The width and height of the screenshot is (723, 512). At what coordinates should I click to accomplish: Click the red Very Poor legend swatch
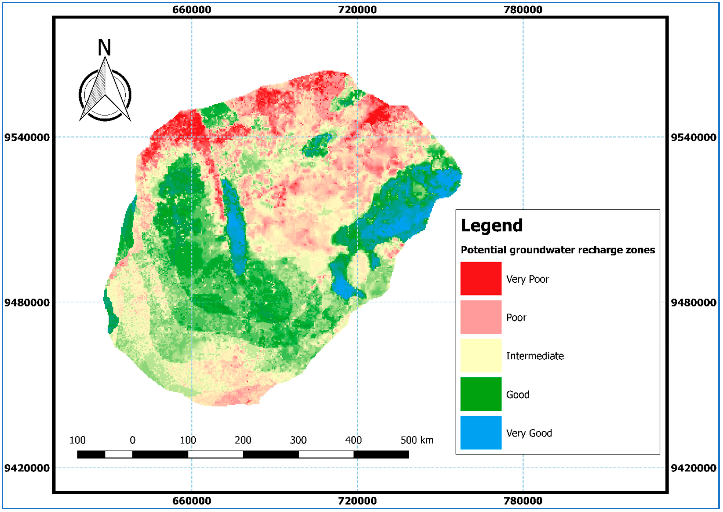pos(481,278)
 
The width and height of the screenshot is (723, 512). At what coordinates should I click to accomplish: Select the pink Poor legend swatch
pos(481,317)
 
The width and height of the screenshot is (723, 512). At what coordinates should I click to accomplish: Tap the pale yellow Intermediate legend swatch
pos(481,355)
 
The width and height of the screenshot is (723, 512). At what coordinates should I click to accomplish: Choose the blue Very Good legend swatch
pos(481,433)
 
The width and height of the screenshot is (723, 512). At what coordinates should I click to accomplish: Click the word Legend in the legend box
pos(492,226)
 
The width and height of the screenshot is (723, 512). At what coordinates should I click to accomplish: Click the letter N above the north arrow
pos(104,48)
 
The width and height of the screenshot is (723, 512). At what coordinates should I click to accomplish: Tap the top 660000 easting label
pos(192,10)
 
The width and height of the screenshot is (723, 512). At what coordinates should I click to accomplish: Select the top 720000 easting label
pos(357,10)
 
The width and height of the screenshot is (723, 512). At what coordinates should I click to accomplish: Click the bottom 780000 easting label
pos(523,501)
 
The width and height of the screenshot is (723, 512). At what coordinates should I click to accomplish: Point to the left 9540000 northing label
pos(27,137)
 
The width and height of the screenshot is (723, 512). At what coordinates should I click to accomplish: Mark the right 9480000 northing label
pos(693,303)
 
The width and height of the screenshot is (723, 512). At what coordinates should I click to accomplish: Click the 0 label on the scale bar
pos(132,440)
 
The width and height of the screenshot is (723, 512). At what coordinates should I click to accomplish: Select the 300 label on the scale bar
pos(298,440)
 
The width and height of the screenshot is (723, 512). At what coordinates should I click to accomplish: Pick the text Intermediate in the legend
pos(535,356)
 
